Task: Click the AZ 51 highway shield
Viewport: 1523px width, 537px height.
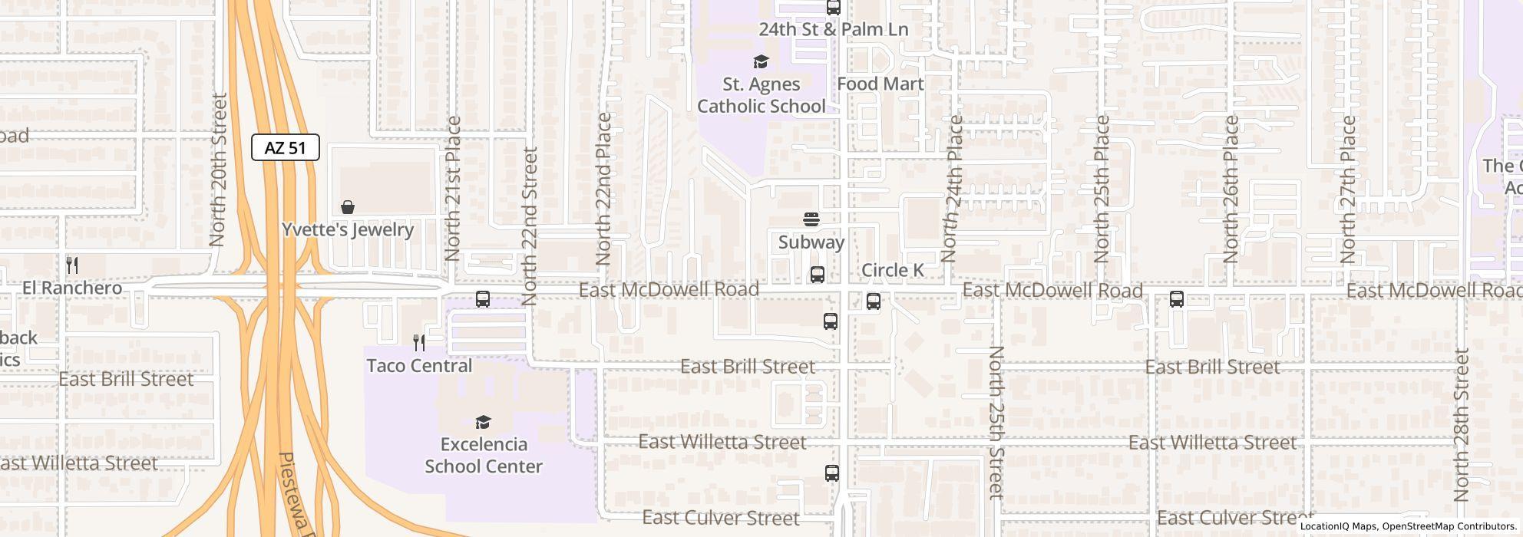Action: coord(286,147)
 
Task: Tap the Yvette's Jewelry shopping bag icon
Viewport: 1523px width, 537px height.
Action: coord(348,207)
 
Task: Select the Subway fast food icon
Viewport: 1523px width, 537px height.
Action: coord(811,219)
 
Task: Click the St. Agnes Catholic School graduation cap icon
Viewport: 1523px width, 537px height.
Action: coord(761,61)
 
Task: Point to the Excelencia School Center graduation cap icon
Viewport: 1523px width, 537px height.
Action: coord(483,422)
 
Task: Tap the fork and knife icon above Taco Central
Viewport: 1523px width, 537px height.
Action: coord(419,342)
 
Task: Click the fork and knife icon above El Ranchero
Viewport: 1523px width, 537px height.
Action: coord(72,265)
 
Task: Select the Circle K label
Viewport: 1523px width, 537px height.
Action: coord(892,270)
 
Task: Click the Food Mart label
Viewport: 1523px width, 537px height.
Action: coord(880,84)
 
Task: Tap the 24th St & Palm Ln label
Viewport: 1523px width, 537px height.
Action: coord(833,30)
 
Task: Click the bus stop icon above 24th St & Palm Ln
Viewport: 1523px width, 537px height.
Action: coord(833,8)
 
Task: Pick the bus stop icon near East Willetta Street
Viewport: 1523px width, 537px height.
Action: coord(831,473)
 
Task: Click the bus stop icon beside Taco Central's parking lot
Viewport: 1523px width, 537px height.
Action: coord(482,299)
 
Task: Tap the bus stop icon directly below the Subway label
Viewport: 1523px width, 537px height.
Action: coord(818,275)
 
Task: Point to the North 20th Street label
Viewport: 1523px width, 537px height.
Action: coord(218,170)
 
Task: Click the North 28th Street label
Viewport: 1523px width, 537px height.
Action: coord(1461,425)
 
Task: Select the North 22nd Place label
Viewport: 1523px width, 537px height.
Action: coord(603,189)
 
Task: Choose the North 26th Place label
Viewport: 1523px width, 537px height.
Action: coord(1231,189)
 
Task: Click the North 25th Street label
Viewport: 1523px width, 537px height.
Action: coord(996,423)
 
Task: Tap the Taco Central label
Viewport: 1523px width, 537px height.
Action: coord(419,365)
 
